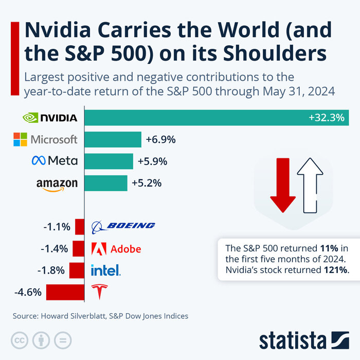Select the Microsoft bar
point(113,139)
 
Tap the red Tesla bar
point(65,292)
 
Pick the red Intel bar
point(77,270)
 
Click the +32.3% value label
point(326,118)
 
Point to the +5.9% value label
point(153,161)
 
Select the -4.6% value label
point(28,293)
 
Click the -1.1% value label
point(57,226)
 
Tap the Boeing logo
point(123,226)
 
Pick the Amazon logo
point(57,184)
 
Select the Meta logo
point(54,161)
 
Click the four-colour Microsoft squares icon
point(20,139)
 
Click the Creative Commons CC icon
point(20,340)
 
